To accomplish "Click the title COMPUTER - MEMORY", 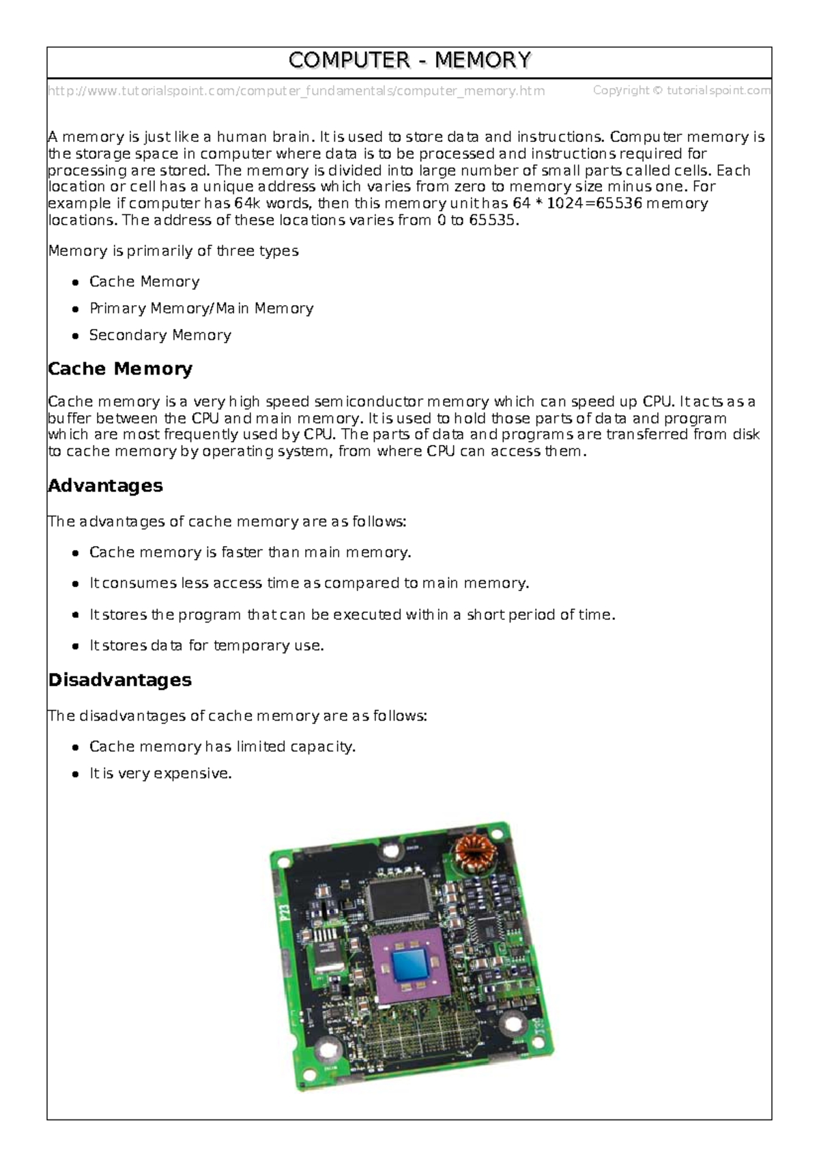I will click(409, 61).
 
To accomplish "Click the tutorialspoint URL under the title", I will click(296, 91).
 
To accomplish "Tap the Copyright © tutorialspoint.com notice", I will click(681, 90).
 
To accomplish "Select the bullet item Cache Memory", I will click(144, 282).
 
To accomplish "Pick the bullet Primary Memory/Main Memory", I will click(201, 309).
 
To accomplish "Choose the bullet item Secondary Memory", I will click(160, 335).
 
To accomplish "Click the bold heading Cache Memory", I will click(120, 369).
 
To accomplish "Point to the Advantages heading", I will click(105, 485).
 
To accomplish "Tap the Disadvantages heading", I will click(119, 680).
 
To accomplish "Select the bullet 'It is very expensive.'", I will click(160, 773).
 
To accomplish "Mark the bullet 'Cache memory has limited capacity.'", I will click(222, 747).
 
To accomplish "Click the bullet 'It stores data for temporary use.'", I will click(206, 646).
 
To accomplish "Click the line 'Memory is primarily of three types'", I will click(173, 251).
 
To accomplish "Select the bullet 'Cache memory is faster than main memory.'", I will click(250, 552).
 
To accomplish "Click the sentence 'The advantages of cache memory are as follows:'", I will click(227, 521).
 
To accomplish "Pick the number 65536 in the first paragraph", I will click(618, 203).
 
